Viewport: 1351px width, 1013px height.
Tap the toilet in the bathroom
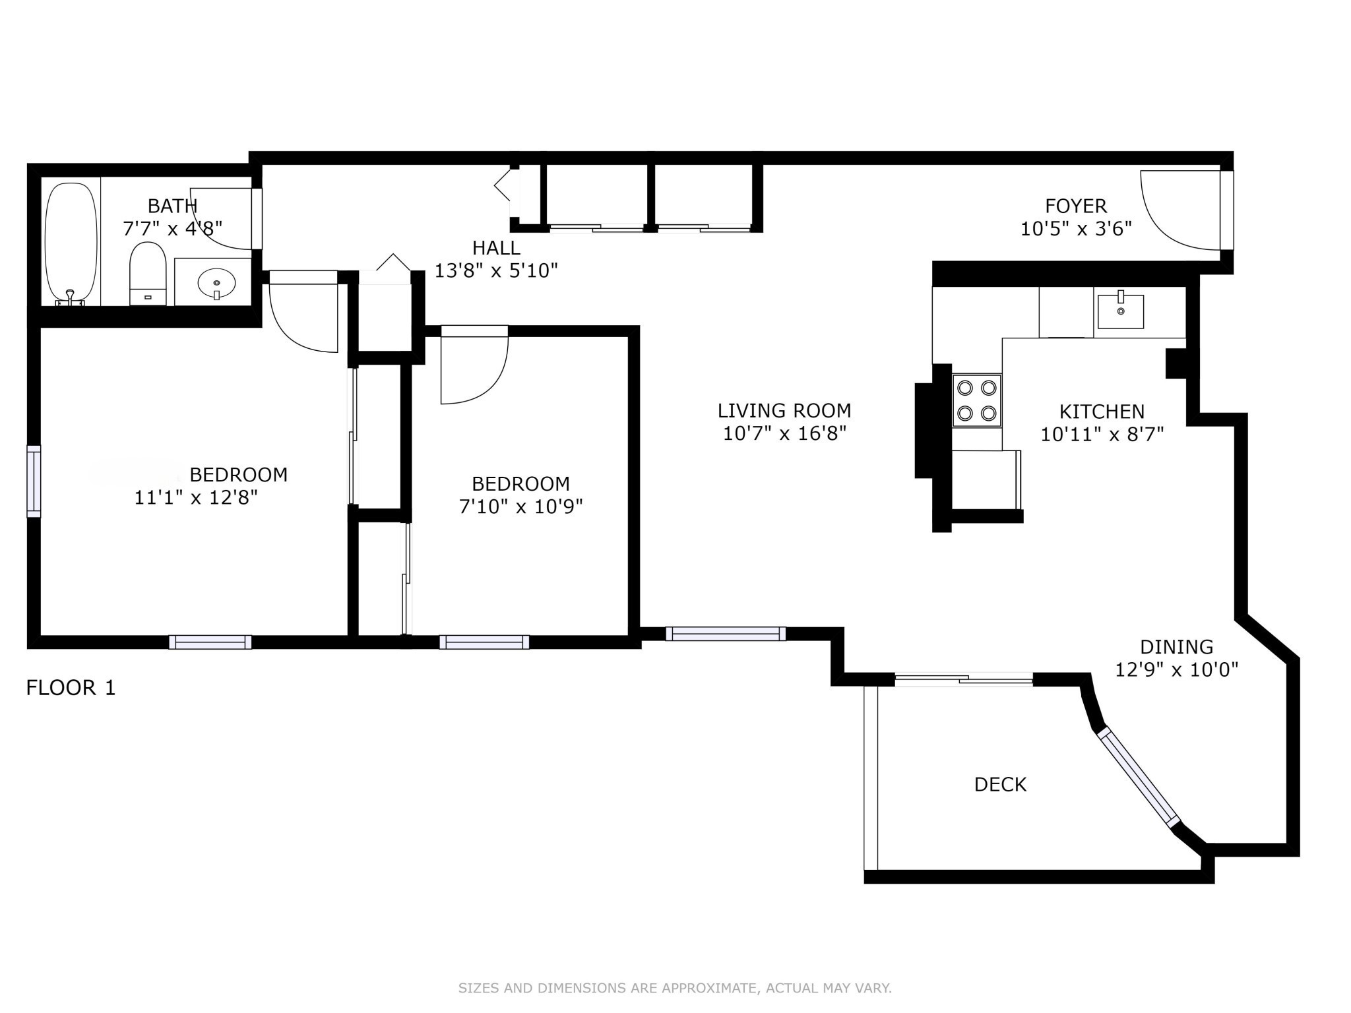point(147,272)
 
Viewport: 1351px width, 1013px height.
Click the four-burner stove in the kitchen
point(977,400)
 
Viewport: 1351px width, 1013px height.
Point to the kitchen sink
point(1120,311)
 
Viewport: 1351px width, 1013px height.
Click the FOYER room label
point(1076,206)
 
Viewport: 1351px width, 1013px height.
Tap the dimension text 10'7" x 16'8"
point(784,434)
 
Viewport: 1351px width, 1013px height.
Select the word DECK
point(1000,785)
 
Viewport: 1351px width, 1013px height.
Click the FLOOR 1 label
point(71,688)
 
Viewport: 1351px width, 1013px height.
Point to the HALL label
point(496,248)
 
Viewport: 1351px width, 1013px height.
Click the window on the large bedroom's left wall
point(34,481)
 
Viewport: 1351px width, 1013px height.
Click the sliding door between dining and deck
point(964,679)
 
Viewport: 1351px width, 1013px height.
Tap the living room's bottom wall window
point(726,634)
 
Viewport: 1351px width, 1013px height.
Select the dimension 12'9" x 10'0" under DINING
point(1176,670)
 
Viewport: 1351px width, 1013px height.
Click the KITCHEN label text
point(1102,412)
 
